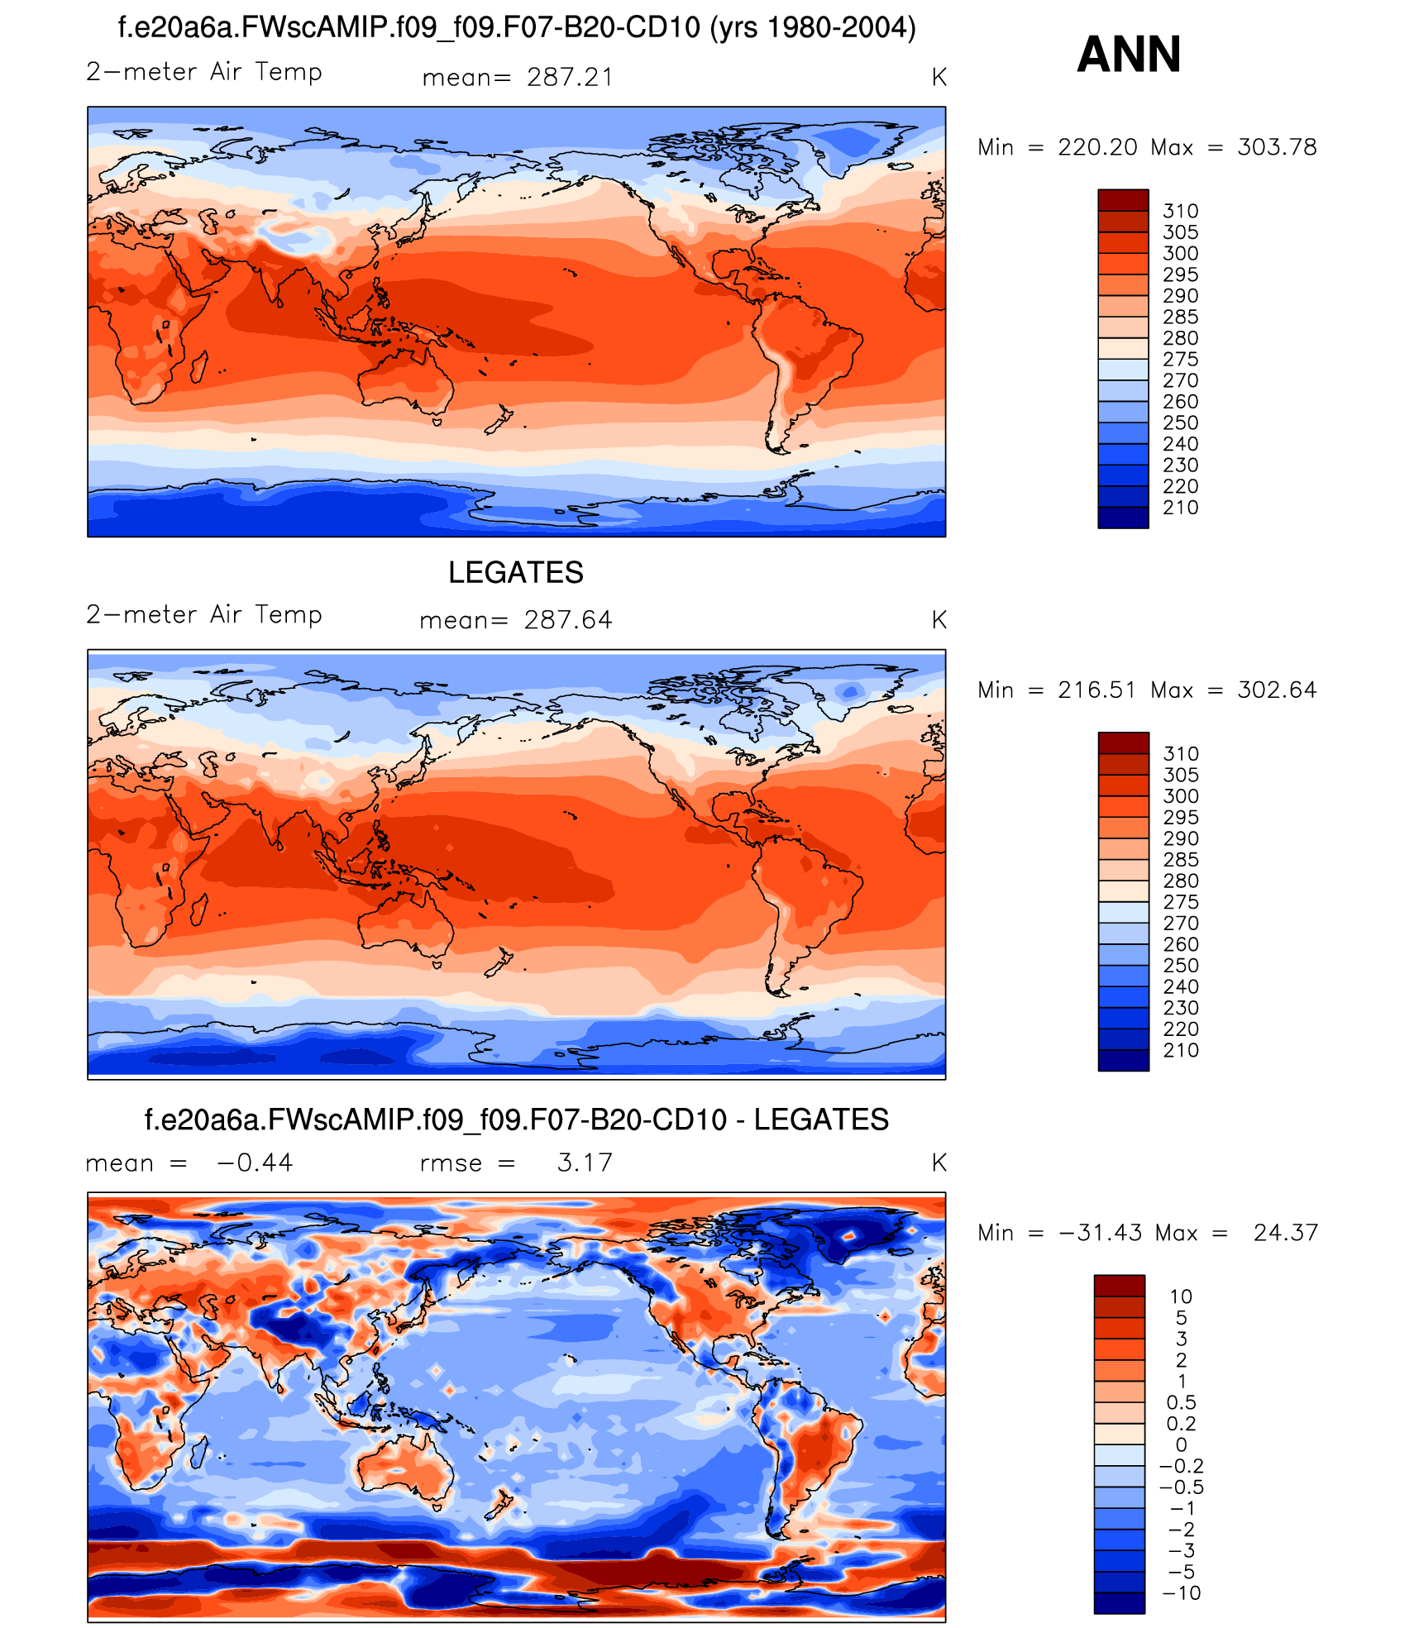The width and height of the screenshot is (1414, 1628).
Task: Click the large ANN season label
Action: point(1129,55)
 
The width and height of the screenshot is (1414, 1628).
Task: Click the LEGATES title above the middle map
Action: point(515,572)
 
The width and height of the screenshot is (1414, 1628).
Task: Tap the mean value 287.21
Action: point(570,77)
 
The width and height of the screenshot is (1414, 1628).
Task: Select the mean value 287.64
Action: point(568,620)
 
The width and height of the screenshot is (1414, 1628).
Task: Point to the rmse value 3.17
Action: point(585,1163)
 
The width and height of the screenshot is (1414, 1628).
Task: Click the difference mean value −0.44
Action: point(255,1163)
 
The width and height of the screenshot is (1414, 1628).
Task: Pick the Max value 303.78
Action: point(1277,147)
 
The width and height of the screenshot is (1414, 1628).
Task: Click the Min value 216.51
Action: point(1096,690)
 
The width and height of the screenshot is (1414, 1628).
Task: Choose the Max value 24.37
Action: point(1285,1233)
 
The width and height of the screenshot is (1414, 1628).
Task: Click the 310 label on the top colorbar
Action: point(1180,211)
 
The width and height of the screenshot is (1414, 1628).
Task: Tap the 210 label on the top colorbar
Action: point(1180,508)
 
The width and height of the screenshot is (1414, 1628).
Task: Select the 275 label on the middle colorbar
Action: point(1180,902)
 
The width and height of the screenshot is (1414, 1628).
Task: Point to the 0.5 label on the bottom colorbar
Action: point(1181,1402)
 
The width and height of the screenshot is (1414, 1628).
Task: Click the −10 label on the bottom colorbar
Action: point(1181,1593)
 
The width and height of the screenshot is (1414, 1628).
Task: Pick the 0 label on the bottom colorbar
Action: point(1181,1444)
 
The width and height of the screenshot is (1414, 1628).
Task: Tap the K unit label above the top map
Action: point(939,77)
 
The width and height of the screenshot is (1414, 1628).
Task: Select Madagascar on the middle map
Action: point(199,909)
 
